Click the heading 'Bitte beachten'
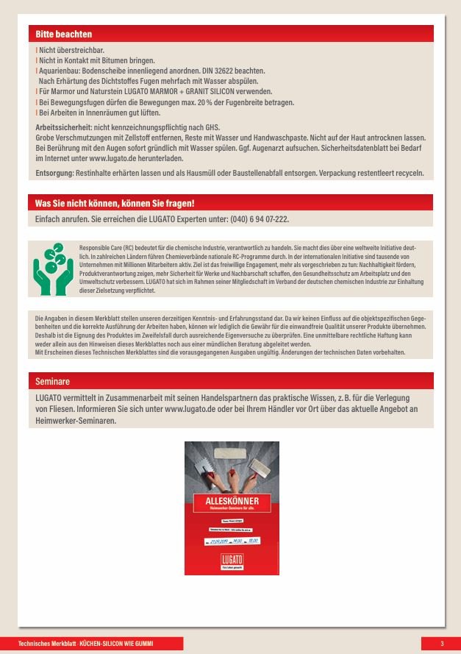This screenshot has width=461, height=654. click(x=64, y=34)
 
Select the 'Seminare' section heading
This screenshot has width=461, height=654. click(x=52, y=382)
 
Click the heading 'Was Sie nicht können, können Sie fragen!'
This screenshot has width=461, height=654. click(x=115, y=203)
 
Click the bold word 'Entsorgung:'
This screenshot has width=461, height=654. click(x=54, y=173)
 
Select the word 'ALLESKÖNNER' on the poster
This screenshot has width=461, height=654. click(x=231, y=501)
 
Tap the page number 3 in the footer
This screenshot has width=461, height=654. click(x=442, y=644)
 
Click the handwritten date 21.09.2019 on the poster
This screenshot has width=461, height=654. click(x=220, y=541)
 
